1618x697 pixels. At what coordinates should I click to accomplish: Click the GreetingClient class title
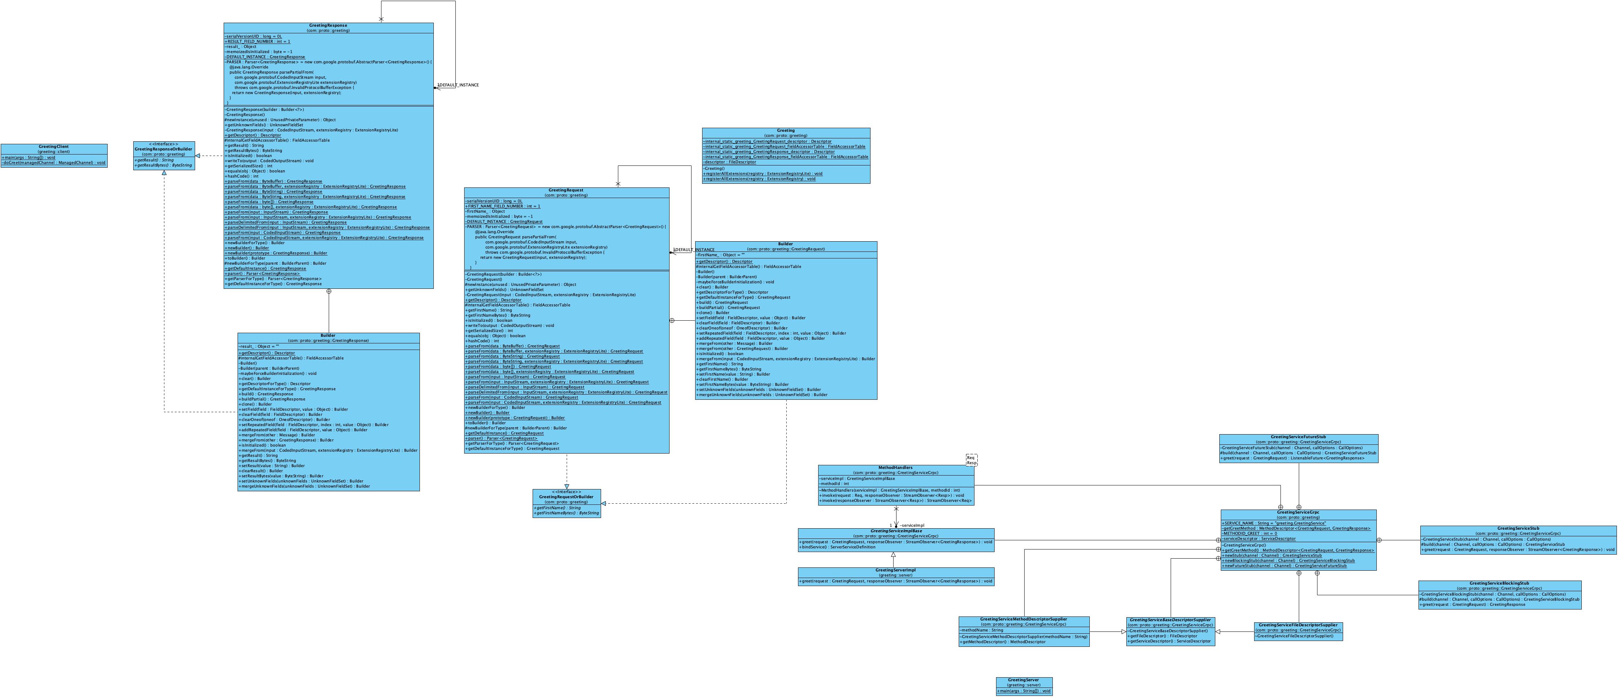point(53,146)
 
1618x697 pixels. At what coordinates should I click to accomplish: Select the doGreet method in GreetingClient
point(53,163)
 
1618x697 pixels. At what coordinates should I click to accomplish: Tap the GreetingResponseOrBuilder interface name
point(163,149)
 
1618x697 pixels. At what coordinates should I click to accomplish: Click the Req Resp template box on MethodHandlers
point(971,460)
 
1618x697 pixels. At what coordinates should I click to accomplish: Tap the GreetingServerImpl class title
point(896,570)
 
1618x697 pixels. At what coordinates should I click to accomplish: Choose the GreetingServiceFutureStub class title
point(1298,436)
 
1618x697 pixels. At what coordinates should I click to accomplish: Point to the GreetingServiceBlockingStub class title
point(1499,584)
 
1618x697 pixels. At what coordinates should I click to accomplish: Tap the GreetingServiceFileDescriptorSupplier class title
point(1298,625)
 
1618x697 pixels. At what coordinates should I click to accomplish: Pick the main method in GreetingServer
point(1024,691)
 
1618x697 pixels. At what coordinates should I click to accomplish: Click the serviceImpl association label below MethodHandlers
point(912,525)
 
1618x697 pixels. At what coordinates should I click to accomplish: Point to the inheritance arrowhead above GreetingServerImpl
point(893,555)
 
